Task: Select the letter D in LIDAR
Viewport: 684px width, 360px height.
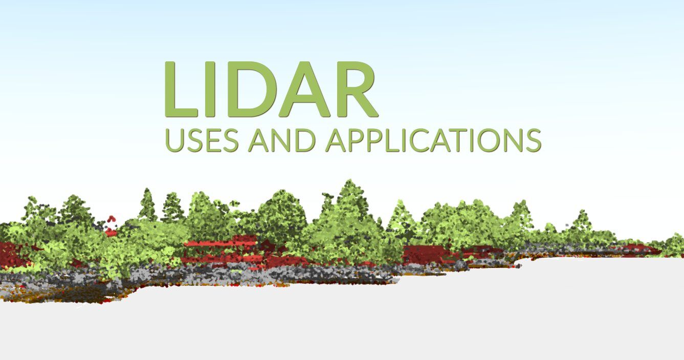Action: click(x=253, y=89)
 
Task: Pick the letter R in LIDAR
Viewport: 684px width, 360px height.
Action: click(x=358, y=89)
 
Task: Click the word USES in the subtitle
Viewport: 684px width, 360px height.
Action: click(x=202, y=141)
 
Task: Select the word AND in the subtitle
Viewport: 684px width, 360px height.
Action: click(x=282, y=141)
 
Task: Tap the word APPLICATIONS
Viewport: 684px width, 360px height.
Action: click(x=433, y=141)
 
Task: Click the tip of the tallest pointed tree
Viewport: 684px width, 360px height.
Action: click(x=347, y=180)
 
